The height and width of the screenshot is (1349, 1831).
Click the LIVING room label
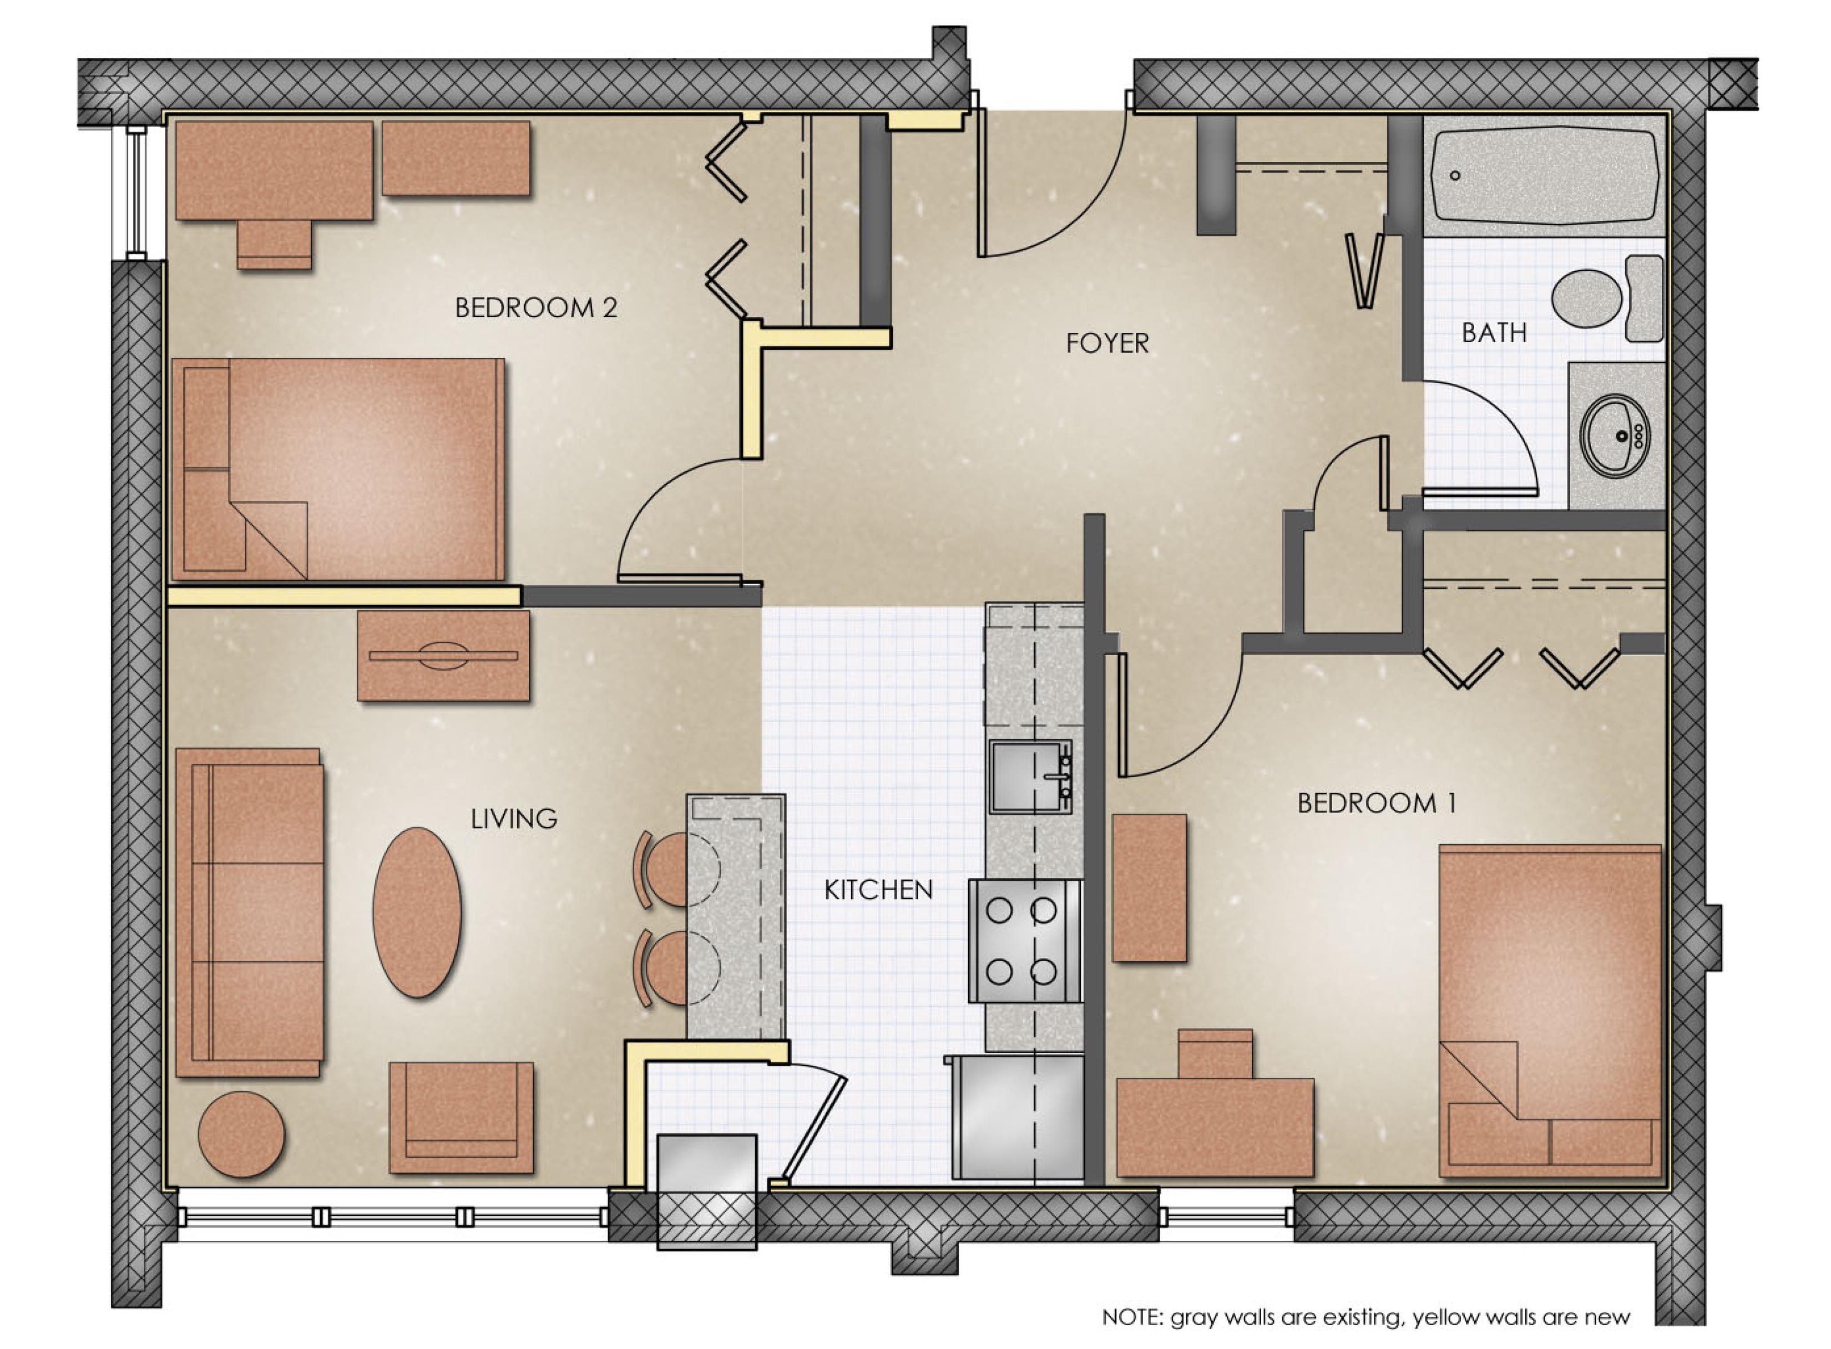514,818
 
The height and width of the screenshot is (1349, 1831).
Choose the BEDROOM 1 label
1376,804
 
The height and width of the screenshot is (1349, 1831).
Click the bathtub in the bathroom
1544,176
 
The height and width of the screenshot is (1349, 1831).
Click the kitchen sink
1031,777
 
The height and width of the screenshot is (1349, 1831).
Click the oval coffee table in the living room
417,912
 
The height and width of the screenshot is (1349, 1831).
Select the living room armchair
462,1117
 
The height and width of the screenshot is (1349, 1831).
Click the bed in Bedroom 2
336,469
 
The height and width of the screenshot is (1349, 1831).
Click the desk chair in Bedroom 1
1215,1054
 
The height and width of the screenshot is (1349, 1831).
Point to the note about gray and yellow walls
1366,1317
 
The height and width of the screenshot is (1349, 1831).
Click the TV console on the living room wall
443,656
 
